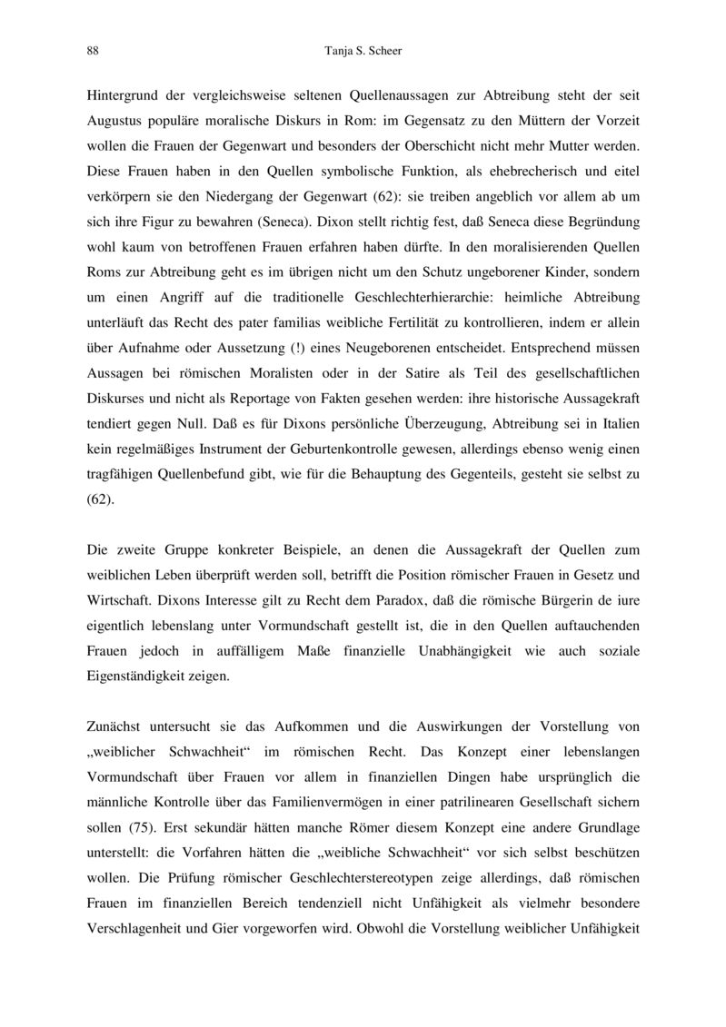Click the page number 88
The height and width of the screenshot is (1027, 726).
point(93,51)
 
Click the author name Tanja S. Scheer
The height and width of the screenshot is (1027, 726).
point(363,51)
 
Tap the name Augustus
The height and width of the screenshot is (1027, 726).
point(115,121)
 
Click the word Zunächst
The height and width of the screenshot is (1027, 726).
point(115,726)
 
